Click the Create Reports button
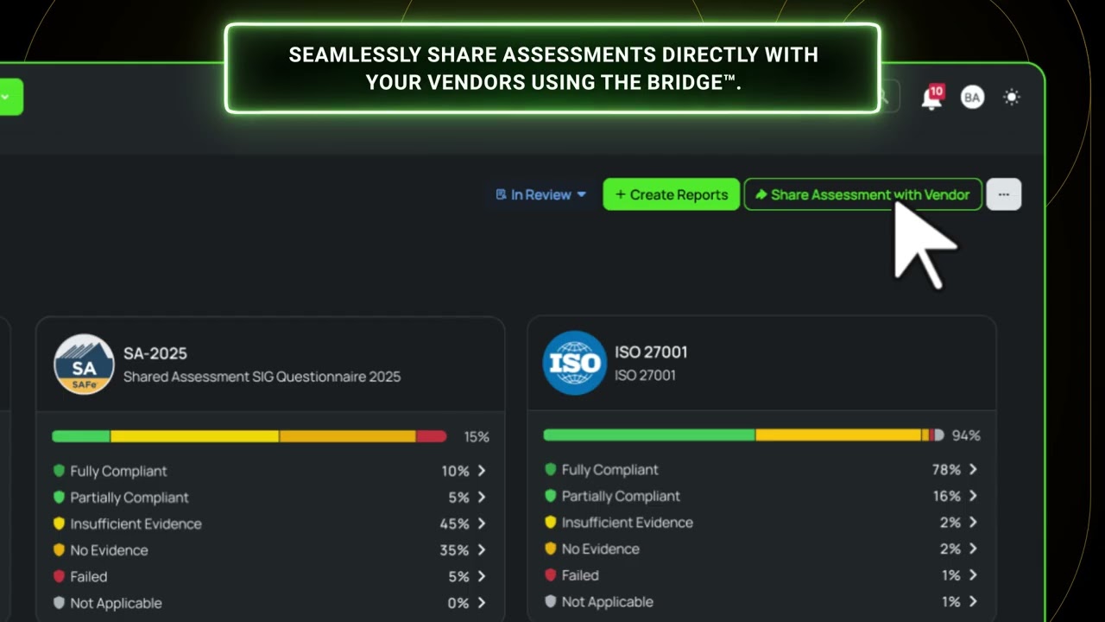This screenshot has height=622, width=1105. pos(671,194)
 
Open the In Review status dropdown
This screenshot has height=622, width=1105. pos(540,195)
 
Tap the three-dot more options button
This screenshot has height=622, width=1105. pos(1004,194)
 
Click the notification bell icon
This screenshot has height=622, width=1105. pos(931,98)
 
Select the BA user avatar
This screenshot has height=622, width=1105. pos(972,98)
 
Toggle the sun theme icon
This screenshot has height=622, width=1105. pos(1012,98)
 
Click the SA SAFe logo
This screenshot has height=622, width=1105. pos(84,365)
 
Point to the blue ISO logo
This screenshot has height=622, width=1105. pos(575,363)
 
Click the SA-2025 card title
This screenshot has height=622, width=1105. pos(155,353)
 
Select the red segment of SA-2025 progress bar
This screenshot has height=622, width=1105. pos(432,436)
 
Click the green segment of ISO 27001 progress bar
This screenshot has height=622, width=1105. pos(649,435)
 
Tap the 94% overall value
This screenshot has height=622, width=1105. pos(966,435)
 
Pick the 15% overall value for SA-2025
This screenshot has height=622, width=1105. pos(477,437)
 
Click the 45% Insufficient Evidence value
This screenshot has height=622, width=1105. pos(454,524)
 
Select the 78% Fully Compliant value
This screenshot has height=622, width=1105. pos(946,469)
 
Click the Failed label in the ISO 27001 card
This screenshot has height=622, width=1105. pos(580,575)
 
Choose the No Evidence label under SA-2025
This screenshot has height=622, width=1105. pos(109,550)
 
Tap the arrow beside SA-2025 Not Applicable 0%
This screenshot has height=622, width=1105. pos(482,603)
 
